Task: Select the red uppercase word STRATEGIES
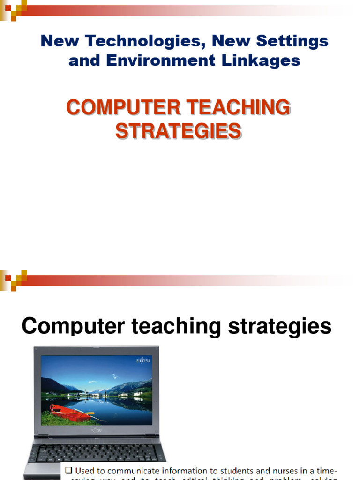179,131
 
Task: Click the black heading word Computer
75,326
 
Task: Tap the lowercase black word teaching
178,326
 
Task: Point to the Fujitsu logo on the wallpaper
143,360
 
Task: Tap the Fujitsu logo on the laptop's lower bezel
97,429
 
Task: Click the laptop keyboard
96,452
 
